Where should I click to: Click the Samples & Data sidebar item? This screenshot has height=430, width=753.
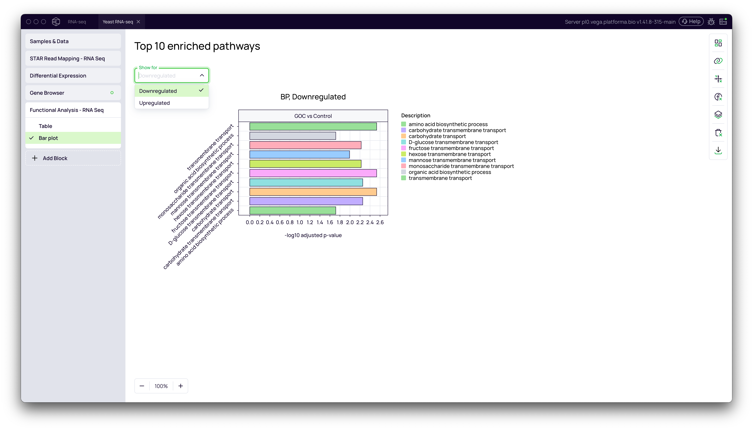[x=73, y=41]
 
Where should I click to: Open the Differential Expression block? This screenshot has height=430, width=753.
[x=73, y=76]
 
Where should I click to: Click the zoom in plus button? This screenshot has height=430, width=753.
[x=181, y=386]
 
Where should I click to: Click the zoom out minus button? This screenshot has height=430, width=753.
[x=142, y=386]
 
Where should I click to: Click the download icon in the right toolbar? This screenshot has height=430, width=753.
[x=718, y=150]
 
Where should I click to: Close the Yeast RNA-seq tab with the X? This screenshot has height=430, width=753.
[x=138, y=21]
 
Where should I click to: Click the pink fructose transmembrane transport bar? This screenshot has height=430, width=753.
[x=313, y=173]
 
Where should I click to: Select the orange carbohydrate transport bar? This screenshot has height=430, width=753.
[x=313, y=192]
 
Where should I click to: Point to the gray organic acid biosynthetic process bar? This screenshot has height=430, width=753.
[x=293, y=136]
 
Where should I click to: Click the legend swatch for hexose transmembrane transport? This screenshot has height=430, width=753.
[x=403, y=154]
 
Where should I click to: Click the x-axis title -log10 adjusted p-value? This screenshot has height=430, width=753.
[x=313, y=235]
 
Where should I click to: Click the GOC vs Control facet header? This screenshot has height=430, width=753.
[x=313, y=116]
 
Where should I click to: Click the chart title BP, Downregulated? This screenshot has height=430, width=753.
[x=313, y=97]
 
